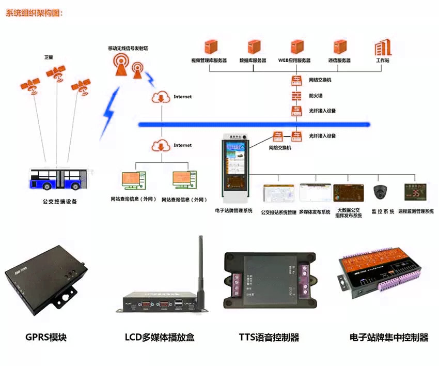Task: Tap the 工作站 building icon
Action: point(383,48)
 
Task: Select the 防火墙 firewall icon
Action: point(296,96)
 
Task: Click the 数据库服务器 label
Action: point(253,60)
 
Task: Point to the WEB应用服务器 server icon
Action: point(296,48)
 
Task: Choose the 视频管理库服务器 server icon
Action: point(210,48)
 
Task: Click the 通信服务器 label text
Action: point(339,60)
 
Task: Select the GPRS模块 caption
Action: point(46,338)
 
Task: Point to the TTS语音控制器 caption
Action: point(269,338)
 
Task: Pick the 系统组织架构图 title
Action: point(34,13)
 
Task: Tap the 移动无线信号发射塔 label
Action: point(131,48)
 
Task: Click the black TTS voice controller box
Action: point(269,281)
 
